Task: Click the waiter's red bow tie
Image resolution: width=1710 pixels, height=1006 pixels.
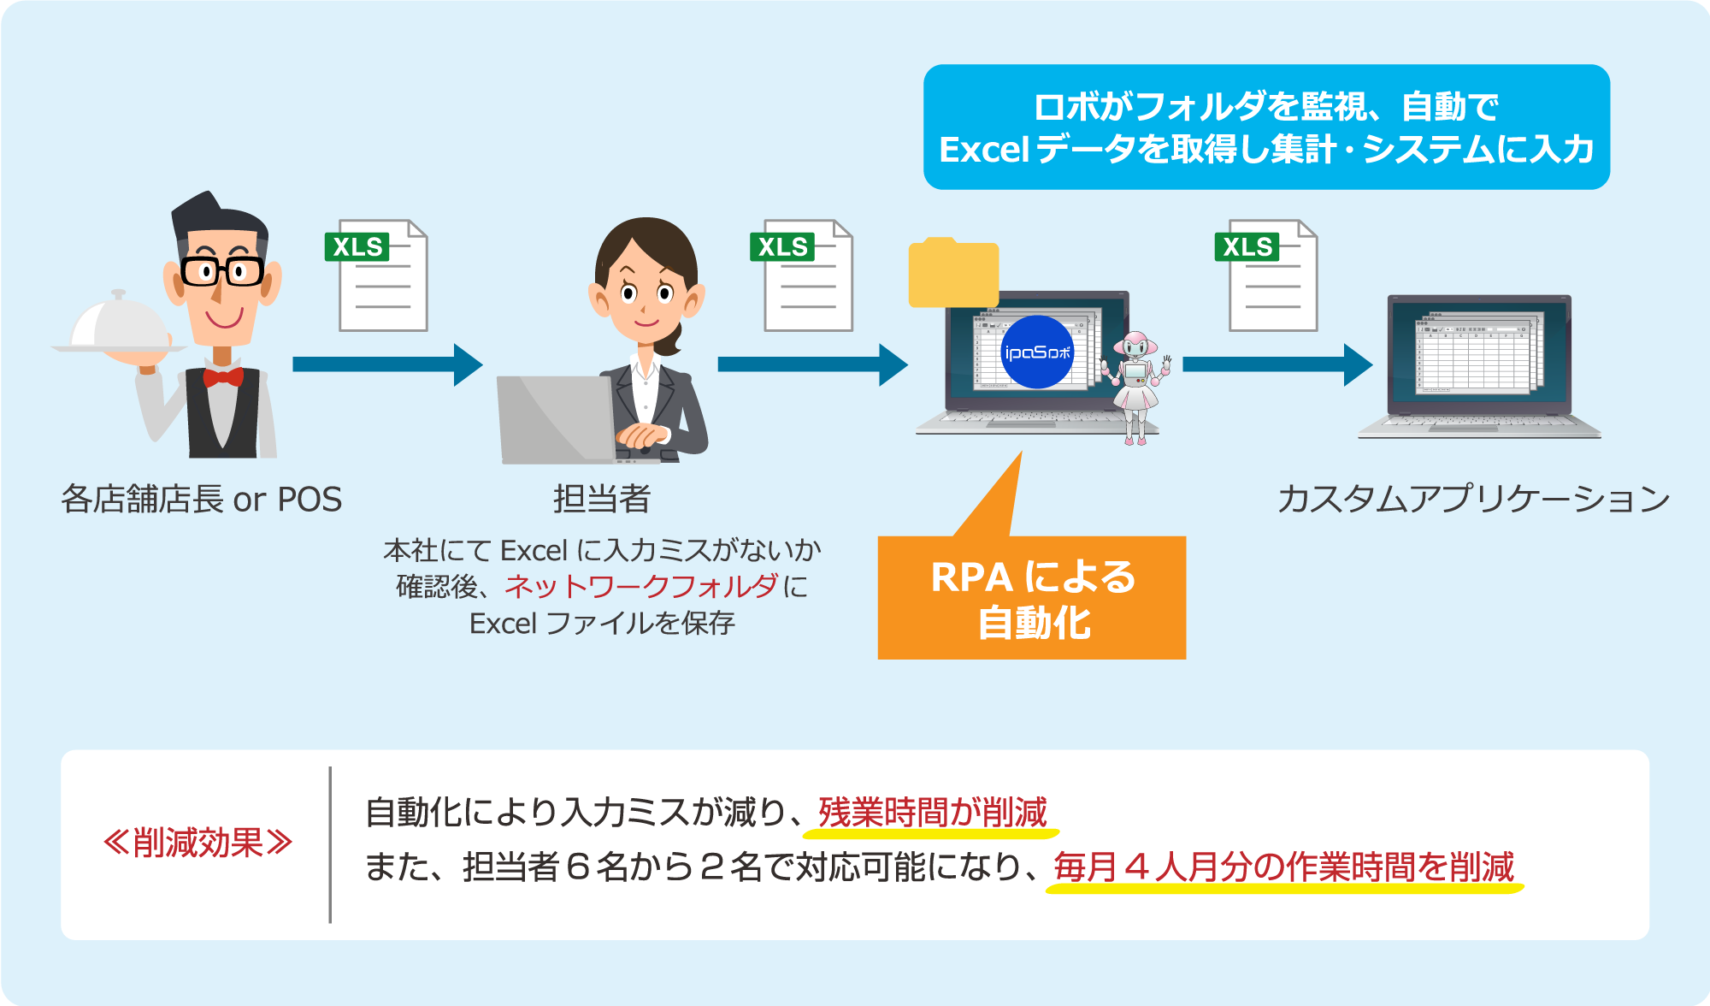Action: pos(222,376)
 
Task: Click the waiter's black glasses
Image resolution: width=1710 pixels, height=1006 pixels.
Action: pos(221,271)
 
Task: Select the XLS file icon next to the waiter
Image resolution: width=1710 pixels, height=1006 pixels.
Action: pos(376,275)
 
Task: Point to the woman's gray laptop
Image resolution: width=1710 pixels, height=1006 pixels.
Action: pos(556,419)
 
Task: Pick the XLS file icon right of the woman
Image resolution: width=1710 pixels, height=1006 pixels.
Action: pos(801,275)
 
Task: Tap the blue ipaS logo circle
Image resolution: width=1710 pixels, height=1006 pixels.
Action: pos(1036,352)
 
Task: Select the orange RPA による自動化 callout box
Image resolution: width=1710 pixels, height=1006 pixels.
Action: pos(1031,598)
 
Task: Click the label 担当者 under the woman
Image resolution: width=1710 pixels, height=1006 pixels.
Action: pos(602,499)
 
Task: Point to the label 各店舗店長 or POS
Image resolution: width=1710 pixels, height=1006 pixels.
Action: pos(202,499)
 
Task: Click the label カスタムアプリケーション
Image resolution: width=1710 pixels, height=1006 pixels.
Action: pos(1473,499)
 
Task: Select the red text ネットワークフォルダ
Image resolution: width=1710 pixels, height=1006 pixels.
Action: pos(641,587)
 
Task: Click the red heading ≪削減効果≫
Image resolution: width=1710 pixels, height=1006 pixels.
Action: pos(198,843)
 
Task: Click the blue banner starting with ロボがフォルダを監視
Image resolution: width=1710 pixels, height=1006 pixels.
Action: pos(1266,127)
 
